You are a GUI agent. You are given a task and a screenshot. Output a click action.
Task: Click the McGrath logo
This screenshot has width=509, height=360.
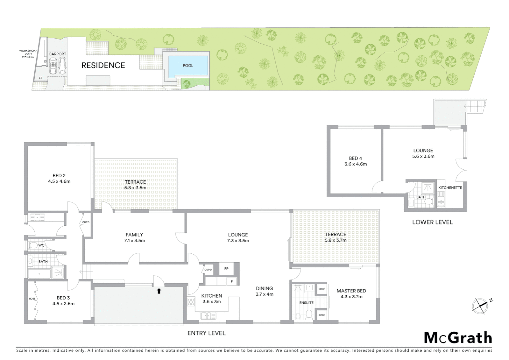[458, 338]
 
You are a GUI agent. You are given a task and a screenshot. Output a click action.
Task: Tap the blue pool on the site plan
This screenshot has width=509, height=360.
[188, 66]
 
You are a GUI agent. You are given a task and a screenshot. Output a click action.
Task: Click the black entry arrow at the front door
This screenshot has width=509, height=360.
[159, 291]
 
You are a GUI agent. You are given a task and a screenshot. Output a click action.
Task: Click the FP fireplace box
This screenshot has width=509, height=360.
[227, 269]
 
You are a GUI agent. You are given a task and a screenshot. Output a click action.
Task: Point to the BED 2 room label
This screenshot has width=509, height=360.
[59, 176]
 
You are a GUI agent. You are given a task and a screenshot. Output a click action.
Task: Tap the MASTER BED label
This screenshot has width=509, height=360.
[351, 291]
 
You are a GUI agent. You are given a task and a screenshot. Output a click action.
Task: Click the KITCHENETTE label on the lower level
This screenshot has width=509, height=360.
[450, 188]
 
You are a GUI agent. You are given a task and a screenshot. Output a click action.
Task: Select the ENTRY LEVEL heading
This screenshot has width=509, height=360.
[207, 333]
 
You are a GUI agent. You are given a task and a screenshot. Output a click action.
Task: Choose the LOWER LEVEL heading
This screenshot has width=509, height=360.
[432, 222]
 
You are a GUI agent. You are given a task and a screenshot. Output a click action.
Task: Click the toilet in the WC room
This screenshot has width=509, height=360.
[33, 246]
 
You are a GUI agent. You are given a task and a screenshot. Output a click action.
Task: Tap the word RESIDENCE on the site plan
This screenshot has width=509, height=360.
[103, 65]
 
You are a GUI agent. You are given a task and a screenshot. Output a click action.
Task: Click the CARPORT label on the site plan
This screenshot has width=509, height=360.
[57, 54]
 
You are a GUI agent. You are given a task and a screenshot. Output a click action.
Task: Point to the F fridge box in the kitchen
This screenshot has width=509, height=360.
[232, 282]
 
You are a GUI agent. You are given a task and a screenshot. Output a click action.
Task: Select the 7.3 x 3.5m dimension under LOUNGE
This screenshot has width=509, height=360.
[238, 241]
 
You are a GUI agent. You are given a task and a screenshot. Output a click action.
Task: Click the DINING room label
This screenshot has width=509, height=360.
[264, 288]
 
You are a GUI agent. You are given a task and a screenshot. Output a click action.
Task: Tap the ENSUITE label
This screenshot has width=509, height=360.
[306, 303]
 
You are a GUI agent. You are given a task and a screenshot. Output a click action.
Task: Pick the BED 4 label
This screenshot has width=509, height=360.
[355, 158]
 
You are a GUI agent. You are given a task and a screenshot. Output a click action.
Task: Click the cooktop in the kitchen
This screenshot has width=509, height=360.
[191, 302]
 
